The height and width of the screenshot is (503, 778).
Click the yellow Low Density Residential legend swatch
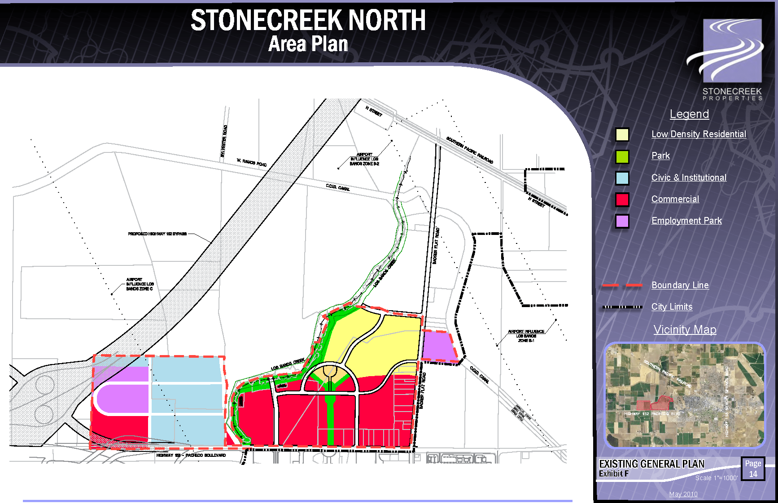coord(622,134)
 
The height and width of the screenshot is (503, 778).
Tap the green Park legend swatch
coord(622,156)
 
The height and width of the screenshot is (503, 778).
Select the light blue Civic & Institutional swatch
coord(622,178)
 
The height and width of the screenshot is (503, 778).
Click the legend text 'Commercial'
coord(675,199)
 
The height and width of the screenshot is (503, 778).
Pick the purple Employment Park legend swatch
coord(622,221)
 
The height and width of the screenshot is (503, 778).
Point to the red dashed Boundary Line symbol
coord(622,285)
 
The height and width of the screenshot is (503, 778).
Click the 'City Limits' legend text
coord(672,307)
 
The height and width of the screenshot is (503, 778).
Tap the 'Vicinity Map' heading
coord(685,330)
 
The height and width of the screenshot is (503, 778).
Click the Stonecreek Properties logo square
coord(732,50)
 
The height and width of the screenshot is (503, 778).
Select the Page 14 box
coord(753,468)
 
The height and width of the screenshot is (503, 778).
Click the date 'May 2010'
coord(683,494)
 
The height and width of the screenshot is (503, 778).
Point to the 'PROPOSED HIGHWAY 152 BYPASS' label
coord(157,234)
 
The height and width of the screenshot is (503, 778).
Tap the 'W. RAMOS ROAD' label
coord(252,162)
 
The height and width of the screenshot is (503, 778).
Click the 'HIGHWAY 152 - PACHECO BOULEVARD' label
coord(191,455)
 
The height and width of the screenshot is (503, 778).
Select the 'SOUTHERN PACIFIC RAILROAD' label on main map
coord(469,150)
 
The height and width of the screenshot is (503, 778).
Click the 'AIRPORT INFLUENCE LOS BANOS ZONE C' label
coord(140,284)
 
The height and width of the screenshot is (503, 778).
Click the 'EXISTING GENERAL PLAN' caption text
coord(651,464)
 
